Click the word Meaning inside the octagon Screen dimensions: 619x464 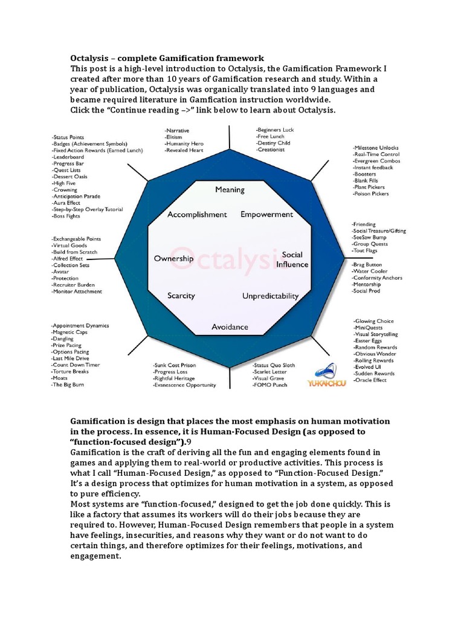[x=230, y=190]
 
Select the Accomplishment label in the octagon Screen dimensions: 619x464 [x=197, y=215]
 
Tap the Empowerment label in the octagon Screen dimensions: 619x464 [x=266, y=215]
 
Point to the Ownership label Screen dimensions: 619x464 [x=173, y=259]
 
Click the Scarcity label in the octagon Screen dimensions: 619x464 [x=181, y=296]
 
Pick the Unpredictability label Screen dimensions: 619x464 [x=270, y=296]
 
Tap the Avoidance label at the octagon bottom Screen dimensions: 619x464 [x=230, y=327]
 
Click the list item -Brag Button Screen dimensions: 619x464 [x=368, y=265]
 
